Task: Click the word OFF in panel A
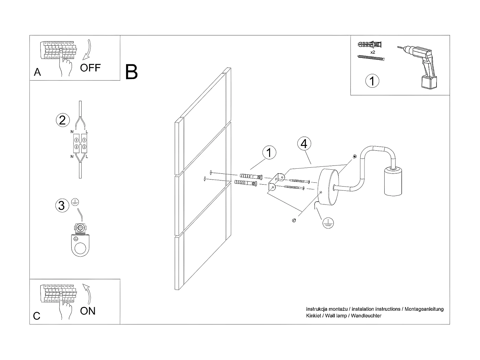(x=90, y=68)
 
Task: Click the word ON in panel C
(x=88, y=311)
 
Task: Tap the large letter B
(x=132, y=72)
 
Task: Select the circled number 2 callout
(x=62, y=120)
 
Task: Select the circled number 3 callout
(x=62, y=205)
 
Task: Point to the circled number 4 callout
(x=304, y=144)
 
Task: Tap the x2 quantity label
(x=372, y=52)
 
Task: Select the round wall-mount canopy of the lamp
(x=328, y=188)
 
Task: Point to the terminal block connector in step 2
(x=80, y=143)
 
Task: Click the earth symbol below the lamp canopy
(x=327, y=223)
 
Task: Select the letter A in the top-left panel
(x=37, y=72)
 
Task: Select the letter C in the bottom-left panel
(x=37, y=316)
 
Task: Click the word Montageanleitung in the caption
(x=424, y=309)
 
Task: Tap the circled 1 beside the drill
(x=372, y=81)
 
